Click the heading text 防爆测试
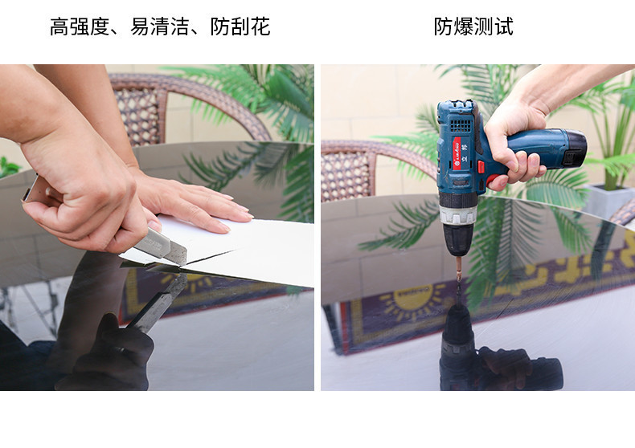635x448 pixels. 473,26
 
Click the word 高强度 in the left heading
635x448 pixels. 80,26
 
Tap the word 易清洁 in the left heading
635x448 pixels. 160,26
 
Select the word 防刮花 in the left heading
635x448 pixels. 240,26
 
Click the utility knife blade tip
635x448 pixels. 186,264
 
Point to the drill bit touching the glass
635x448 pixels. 459,270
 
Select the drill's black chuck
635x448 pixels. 458,240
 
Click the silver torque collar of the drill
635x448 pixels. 457,215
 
